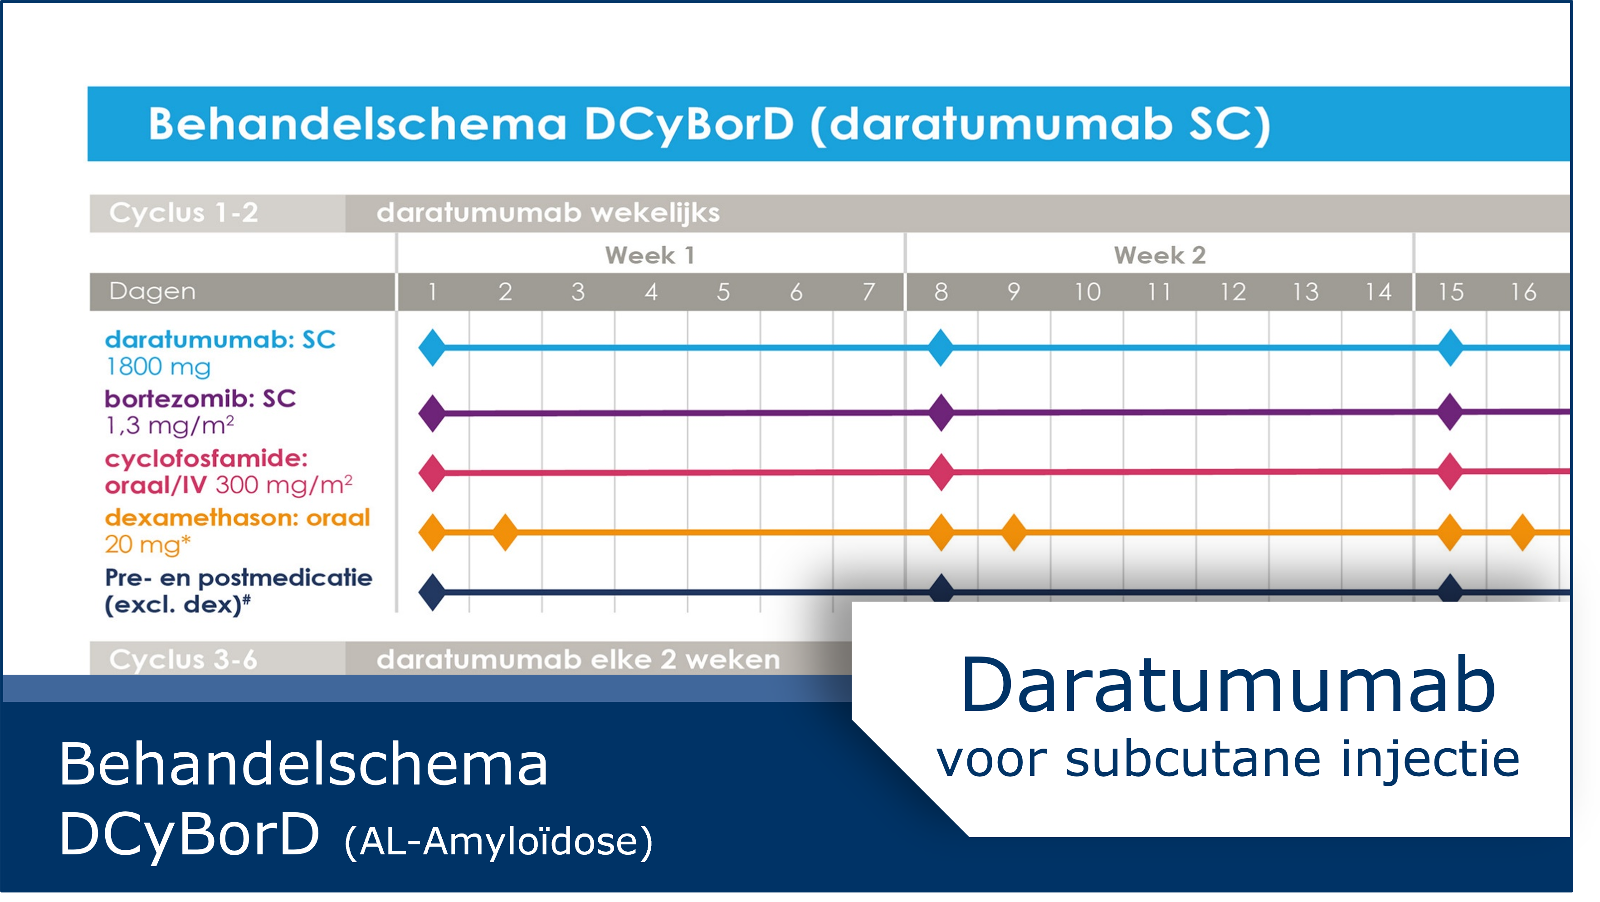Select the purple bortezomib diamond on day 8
941,412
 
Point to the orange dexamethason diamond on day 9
1014,532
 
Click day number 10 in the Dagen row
1088,292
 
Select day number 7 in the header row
869,292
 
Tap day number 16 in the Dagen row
1524,292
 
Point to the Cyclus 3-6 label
183,660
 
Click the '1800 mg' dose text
158,367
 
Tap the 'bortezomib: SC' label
200,399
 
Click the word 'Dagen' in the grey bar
152,292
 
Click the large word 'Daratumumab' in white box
1227,685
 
